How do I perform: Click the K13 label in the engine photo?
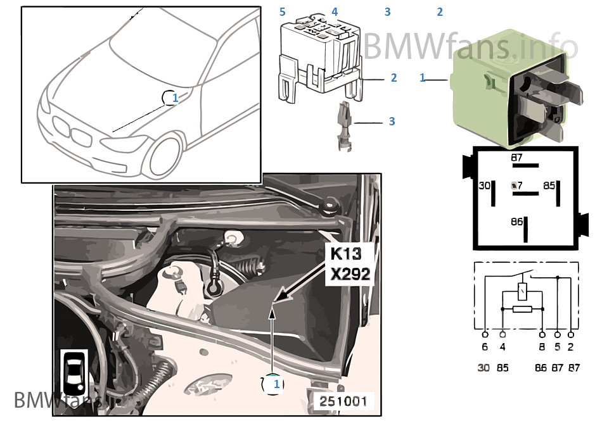tap(345, 254)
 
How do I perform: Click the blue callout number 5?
tap(283, 12)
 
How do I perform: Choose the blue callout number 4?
tap(335, 12)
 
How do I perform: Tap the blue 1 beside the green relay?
tap(423, 77)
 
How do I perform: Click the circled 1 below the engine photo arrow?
tap(272, 384)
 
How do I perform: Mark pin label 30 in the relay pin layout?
tap(484, 186)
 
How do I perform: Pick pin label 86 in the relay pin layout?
tap(518, 222)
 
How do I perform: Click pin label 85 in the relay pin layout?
tap(549, 186)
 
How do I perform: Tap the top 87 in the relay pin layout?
tap(518, 158)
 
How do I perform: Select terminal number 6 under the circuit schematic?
tap(485, 347)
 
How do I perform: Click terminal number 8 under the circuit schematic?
tap(542, 347)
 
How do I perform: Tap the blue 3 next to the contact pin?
tap(392, 121)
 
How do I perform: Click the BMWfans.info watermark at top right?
tap(470, 46)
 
